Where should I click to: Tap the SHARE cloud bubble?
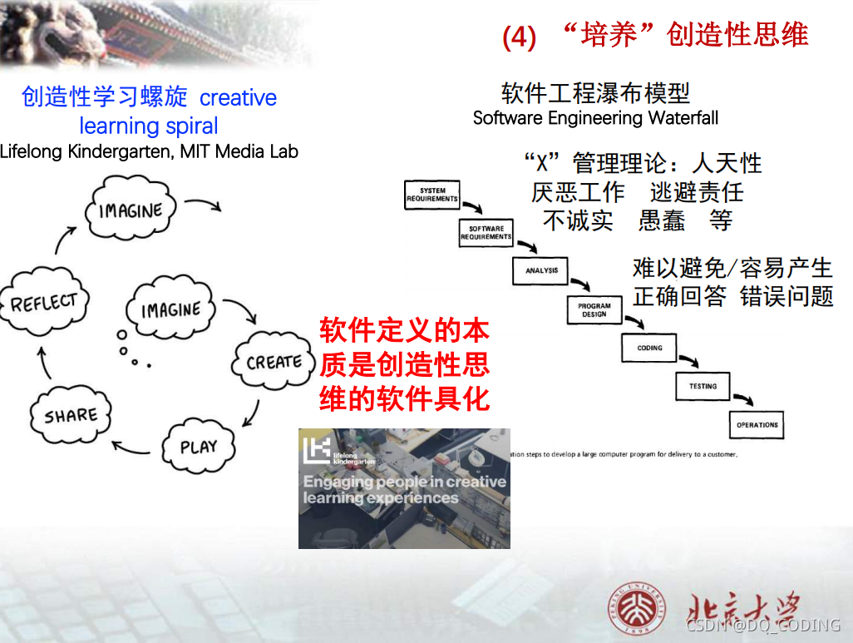point(70,415)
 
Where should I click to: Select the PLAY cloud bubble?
point(198,447)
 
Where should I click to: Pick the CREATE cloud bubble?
point(274,362)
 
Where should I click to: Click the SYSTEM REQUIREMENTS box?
point(432,195)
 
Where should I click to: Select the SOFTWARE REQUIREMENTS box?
point(486,232)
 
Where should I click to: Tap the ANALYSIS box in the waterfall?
point(541,270)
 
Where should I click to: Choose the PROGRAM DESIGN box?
point(594,309)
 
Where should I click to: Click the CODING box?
point(649,348)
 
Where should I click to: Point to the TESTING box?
point(703,386)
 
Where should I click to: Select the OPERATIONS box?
point(757,424)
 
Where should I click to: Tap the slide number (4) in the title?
point(519,37)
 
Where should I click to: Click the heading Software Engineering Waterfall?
point(595,118)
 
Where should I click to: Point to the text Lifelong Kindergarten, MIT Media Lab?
point(149,151)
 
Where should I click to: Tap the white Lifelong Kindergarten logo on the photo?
point(316,450)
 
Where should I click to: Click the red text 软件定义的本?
point(404,331)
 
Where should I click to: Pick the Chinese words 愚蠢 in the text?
point(662,220)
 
